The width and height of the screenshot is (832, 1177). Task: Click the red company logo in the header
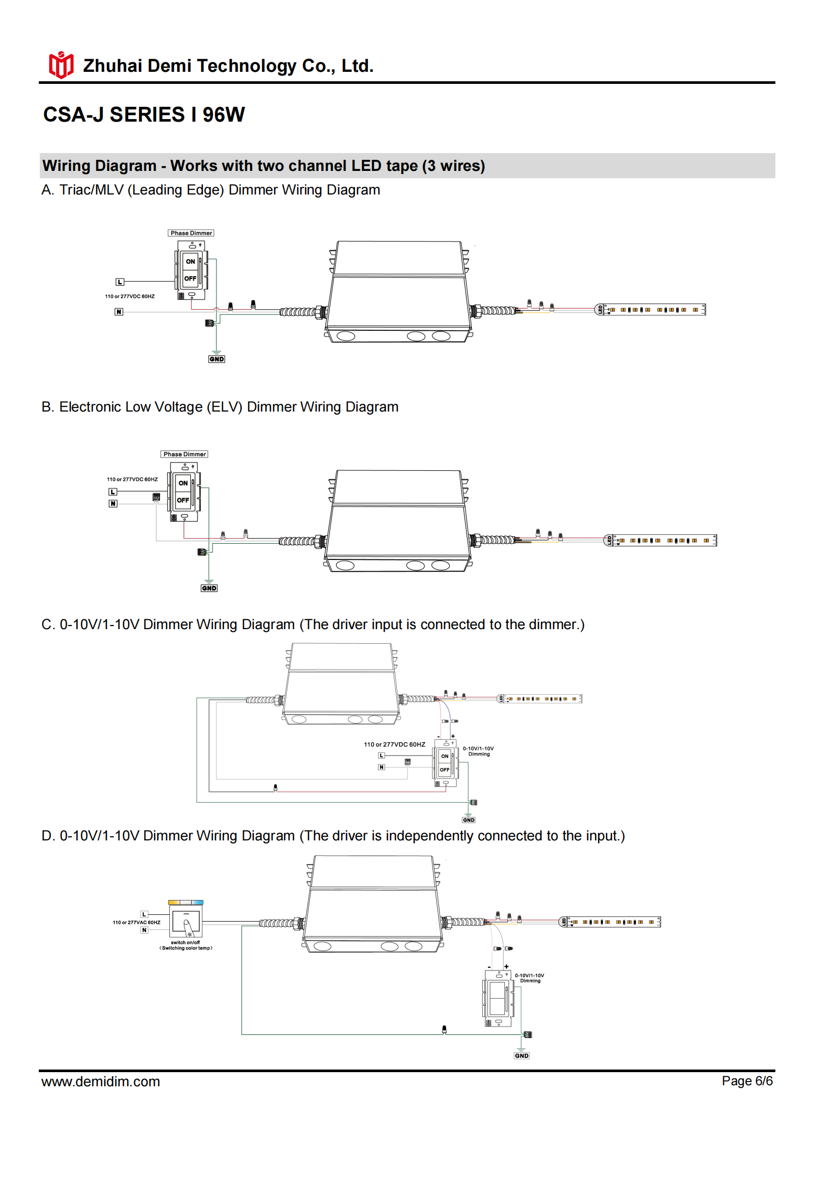pyautogui.click(x=61, y=66)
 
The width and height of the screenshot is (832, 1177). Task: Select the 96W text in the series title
pyautogui.click(x=223, y=115)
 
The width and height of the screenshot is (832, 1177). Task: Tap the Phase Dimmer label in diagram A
pyautogui.click(x=191, y=233)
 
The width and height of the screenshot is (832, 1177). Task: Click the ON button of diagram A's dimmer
pyautogui.click(x=190, y=262)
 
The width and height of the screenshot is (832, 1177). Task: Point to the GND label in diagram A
pyautogui.click(x=217, y=359)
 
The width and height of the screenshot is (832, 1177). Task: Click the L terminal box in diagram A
pyautogui.click(x=120, y=282)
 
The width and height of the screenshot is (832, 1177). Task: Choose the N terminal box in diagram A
pyautogui.click(x=119, y=312)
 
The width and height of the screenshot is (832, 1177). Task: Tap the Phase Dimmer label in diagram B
pyautogui.click(x=184, y=455)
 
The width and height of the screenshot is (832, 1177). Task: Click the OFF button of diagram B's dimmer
pyautogui.click(x=183, y=500)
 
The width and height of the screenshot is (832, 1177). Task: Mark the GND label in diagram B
pyautogui.click(x=209, y=588)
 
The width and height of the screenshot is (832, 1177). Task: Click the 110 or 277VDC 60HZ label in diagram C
pyautogui.click(x=394, y=744)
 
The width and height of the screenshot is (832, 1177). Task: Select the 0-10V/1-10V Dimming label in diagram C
pyautogui.click(x=478, y=751)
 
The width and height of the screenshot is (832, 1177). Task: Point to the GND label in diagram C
pyautogui.click(x=469, y=820)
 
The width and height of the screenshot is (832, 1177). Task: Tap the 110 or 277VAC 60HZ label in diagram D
pyautogui.click(x=136, y=922)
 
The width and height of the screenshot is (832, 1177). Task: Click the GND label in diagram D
pyautogui.click(x=522, y=1056)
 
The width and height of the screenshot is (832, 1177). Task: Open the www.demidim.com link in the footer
pyautogui.click(x=101, y=1082)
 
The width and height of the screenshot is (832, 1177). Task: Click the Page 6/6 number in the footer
pyautogui.click(x=747, y=1081)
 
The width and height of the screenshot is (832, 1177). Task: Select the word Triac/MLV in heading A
pyautogui.click(x=91, y=190)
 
